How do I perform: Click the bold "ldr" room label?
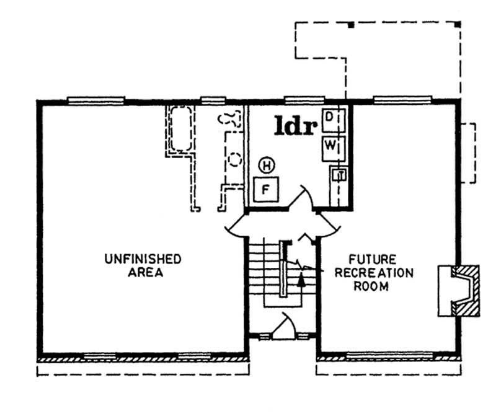[x=296, y=126]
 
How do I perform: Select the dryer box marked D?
[x=330, y=117]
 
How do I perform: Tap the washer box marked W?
[x=330, y=147]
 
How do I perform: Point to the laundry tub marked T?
[x=339, y=175]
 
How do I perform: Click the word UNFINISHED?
[x=143, y=259]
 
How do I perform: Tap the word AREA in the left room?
[x=143, y=273]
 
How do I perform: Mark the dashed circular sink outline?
[x=235, y=159]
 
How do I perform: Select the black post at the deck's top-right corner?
[x=458, y=24]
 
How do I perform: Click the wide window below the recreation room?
[x=378, y=356]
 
